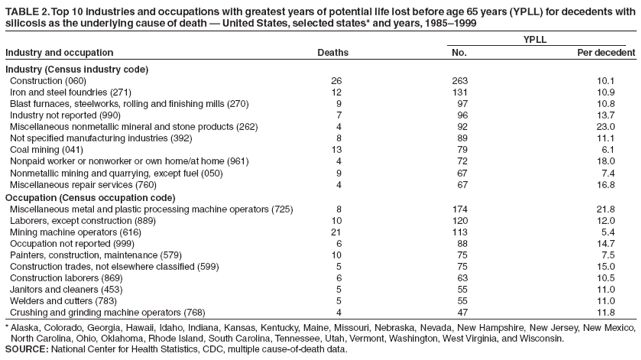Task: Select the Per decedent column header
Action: pos(605,51)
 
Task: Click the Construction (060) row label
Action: pos(50,80)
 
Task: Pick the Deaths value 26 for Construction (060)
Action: pos(336,80)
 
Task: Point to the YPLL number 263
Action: pos(459,80)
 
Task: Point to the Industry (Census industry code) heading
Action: pos(77,68)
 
